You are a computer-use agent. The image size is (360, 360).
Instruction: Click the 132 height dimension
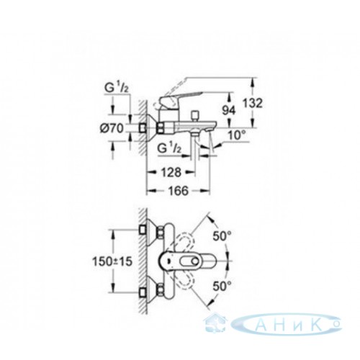click(x=253, y=104)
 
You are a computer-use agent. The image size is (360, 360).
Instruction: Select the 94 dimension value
click(x=228, y=111)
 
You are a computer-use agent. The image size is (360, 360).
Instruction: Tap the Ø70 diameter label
click(x=112, y=129)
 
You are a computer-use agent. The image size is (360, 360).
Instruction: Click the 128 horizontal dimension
click(x=171, y=172)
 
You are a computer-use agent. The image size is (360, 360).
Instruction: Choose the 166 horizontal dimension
click(x=179, y=191)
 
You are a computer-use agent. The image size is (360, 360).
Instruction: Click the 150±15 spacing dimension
click(x=112, y=261)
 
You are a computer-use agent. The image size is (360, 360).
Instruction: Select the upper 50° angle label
click(x=222, y=236)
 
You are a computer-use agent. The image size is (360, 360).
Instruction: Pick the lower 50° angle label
click(x=222, y=286)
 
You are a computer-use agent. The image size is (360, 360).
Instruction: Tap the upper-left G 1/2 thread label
click(x=117, y=89)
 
